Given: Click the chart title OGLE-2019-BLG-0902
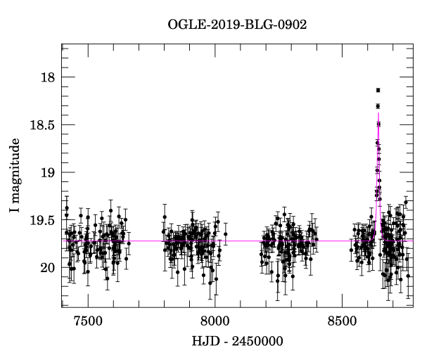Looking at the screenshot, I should pos(237,24).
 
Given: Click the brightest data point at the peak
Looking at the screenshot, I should pos(378,90).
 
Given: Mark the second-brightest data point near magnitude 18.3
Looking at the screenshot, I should pos(378,106).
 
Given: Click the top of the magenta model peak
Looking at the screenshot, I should pos(378,112).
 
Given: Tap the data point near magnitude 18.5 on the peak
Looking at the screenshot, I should pos(378,124).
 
